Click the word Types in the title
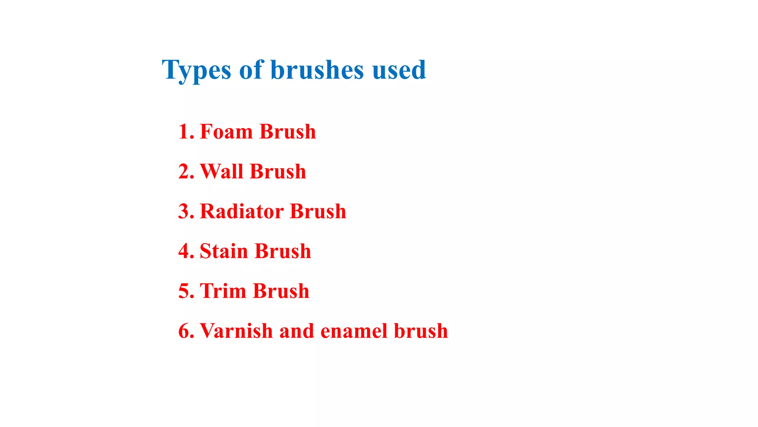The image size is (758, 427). tap(196, 70)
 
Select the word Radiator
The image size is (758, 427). tap(242, 211)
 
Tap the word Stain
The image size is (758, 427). tap(224, 251)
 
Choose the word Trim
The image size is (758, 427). tap(223, 291)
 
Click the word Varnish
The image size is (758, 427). tap(237, 331)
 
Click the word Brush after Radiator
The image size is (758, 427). tap(318, 211)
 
